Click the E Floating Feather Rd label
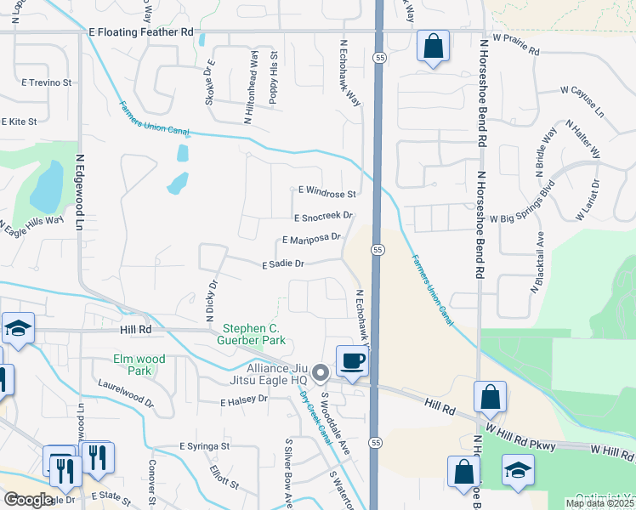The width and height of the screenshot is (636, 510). point(141,31)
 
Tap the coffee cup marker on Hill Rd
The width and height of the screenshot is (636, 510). point(352,361)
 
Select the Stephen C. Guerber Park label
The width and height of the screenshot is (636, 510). point(253,335)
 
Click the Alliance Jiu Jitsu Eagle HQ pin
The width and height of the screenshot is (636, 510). point(321,372)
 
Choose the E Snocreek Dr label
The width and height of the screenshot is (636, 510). point(323,218)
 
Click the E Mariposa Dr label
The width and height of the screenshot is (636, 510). point(311,240)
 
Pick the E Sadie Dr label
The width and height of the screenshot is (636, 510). point(283,264)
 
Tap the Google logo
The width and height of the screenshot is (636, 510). point(28,500)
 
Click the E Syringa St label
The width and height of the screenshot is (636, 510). point(204,445)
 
